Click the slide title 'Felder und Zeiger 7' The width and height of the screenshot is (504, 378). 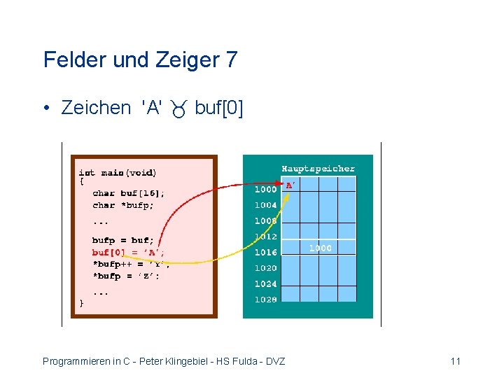click(x=140, y=59)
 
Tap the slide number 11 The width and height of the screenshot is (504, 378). click(x=456, y=361)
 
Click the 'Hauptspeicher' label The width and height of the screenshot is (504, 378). click(x=318, y=169)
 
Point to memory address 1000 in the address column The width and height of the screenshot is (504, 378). click(x=265, y=189)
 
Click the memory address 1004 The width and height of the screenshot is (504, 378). click(x=265, y=205)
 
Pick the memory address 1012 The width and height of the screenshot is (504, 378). click(x=265, y=237)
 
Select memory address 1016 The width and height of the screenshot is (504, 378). click(x=265, y=252)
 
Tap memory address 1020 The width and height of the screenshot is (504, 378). click(x=265, y=268)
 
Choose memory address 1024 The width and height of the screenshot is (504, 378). click(x=265, y=283)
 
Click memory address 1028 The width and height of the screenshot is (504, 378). click(x=265, y=300)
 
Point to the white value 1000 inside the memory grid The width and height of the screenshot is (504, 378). click(x=321, y=248)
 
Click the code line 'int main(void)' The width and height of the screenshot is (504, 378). click(x=117, y=172)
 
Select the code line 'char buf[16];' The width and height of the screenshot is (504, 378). click(x=129, y=193)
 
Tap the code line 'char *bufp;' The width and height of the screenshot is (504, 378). click(x=123, y=205)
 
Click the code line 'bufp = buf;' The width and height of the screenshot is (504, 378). click(x=122, y=240)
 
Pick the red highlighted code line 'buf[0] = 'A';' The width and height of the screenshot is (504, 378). click(x=129, y=252)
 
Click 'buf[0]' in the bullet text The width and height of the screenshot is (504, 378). click(x=219, y=108)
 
